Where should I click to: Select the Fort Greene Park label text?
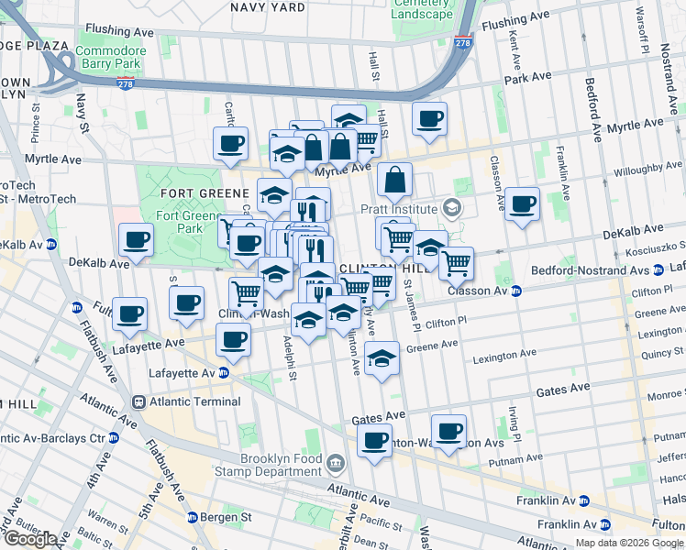(x=179, y=222)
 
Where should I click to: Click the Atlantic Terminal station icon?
(x=138, y=401)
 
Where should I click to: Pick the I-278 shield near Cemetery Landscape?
(x=463, y=42)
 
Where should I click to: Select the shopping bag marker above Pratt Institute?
(x=394, y=181)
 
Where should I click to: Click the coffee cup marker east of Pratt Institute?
(x=522, y=204)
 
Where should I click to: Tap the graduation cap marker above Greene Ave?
(x=382, y=358)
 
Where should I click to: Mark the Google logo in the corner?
(x=29, y=539)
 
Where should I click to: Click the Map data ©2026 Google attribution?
(x=627, y=543)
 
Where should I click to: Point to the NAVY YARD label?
(x=267, y=7)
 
